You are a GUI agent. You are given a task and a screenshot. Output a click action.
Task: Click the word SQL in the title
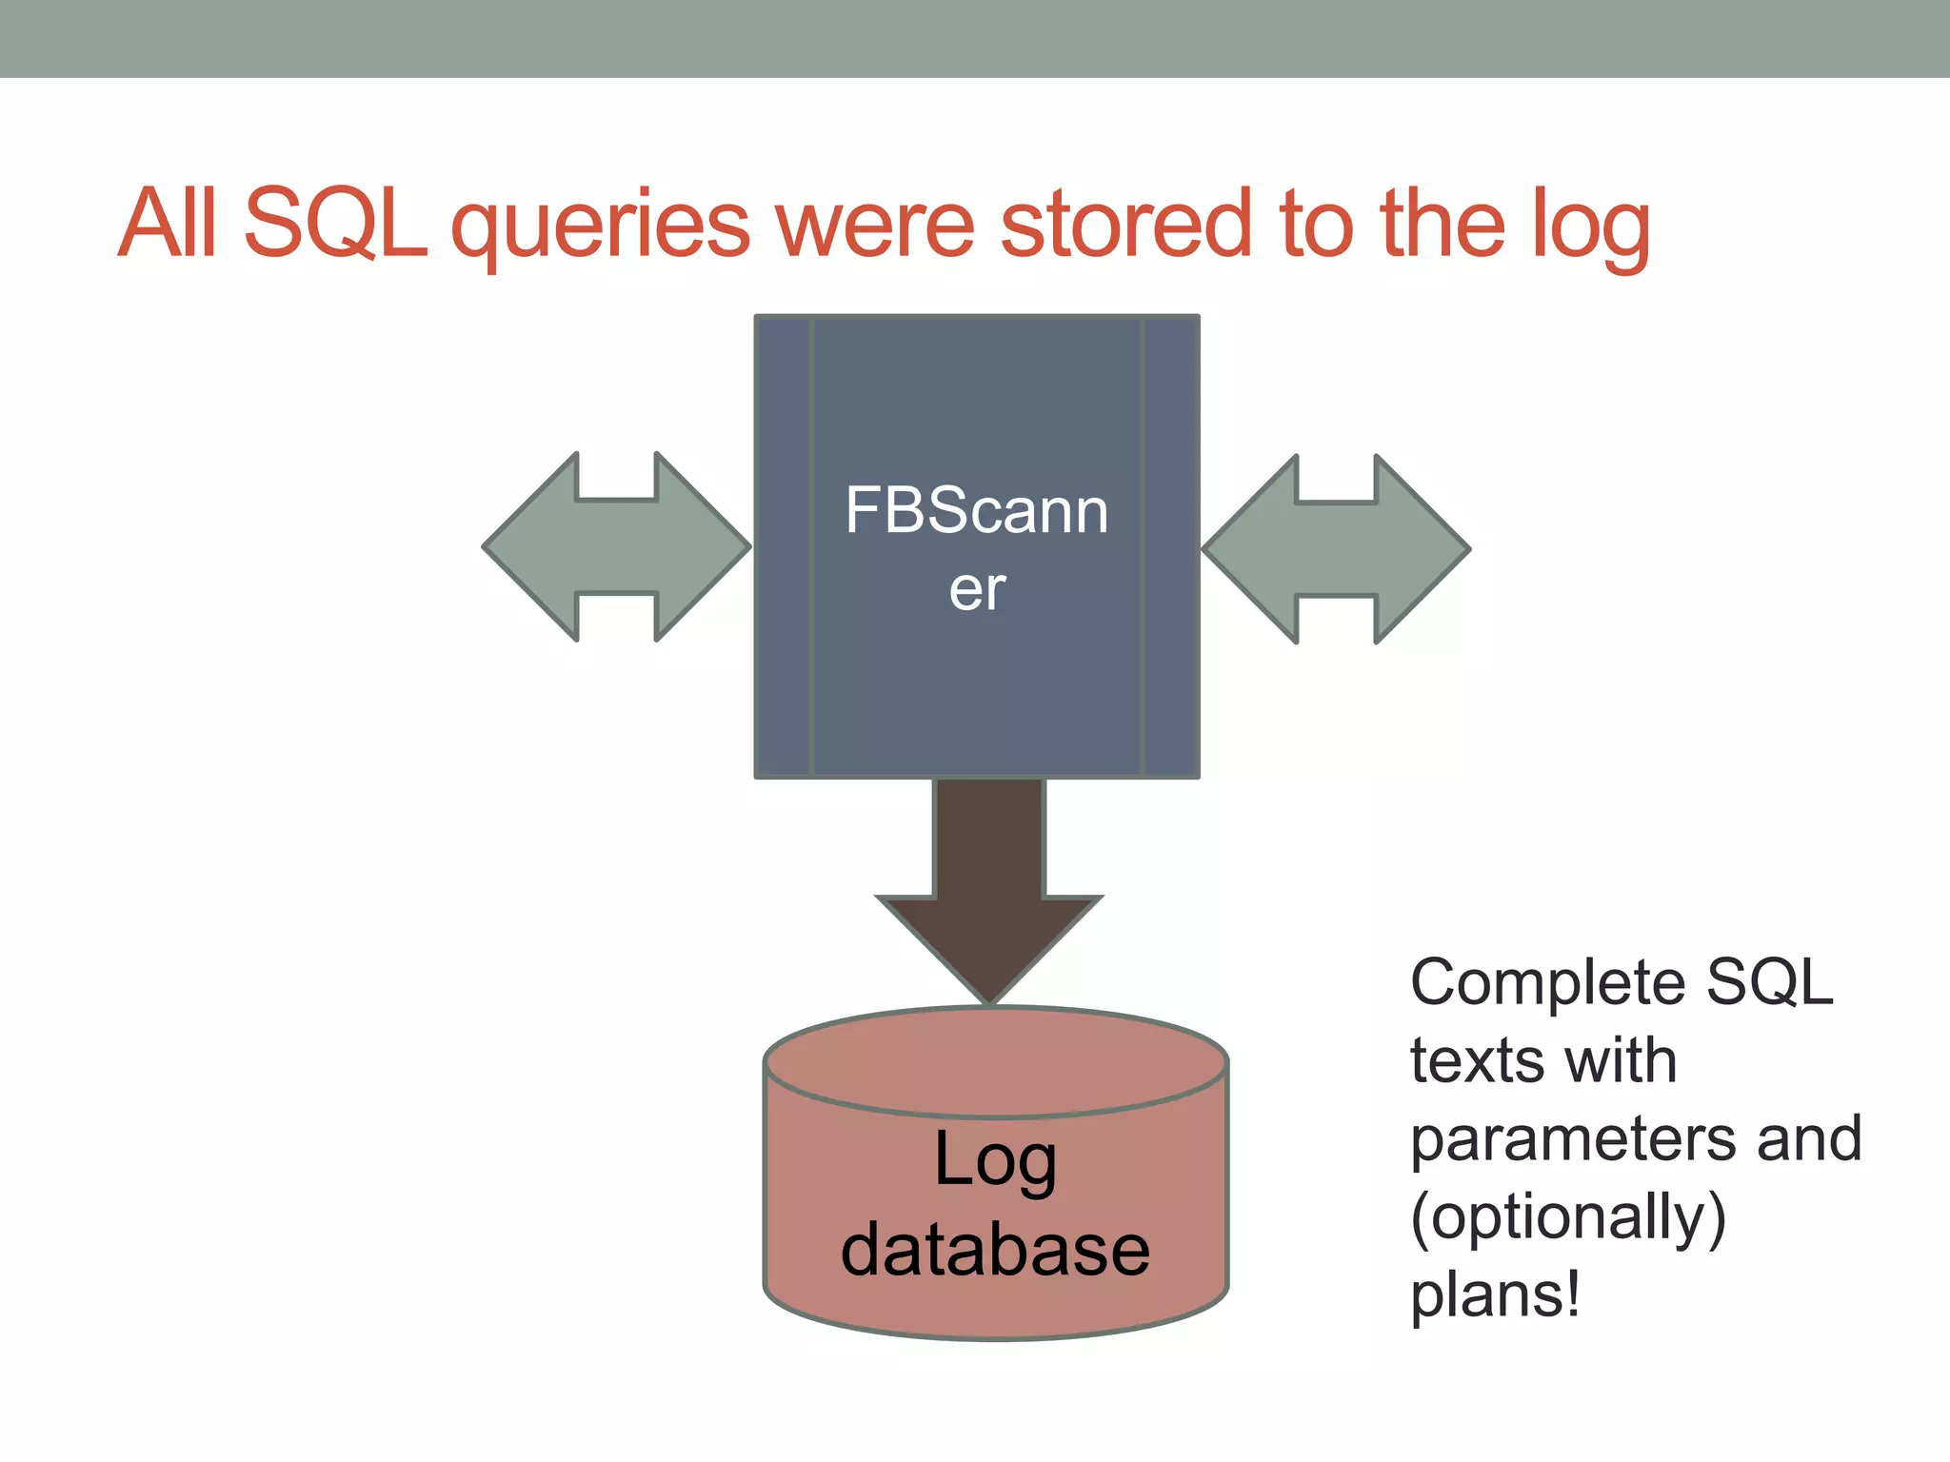335,224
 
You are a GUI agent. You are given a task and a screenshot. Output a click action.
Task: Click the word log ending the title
1590,228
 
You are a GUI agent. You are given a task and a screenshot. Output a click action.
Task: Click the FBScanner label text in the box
977,547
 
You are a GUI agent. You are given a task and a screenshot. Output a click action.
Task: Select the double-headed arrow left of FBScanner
617,546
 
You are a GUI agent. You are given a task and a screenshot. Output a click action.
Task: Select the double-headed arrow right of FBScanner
1336,549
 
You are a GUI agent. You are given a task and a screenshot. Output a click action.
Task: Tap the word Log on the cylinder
995,1161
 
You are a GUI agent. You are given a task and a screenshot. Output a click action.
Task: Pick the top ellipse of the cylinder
996,1060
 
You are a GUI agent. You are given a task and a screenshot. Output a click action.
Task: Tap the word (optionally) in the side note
1567,1217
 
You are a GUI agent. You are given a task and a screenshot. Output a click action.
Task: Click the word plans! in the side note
1495,1294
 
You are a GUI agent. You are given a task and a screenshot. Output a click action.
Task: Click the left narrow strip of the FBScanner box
783,546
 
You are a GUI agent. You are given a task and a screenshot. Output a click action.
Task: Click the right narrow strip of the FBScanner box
1170,546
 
